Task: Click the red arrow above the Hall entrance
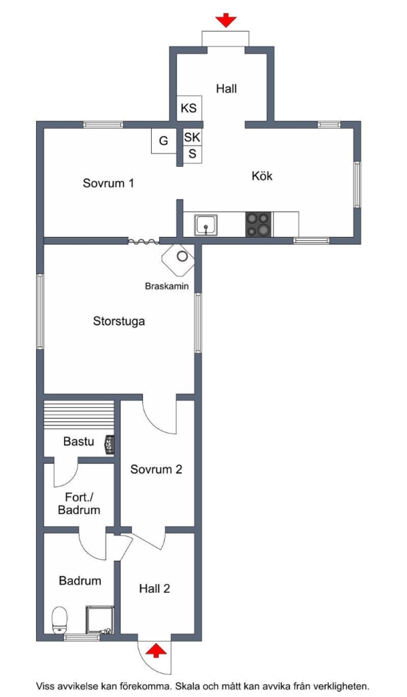226,20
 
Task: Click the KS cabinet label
189,108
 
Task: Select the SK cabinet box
192,137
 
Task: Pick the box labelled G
163,141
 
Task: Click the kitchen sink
206,225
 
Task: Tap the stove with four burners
259,224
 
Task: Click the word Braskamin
167,287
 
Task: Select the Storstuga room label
118,321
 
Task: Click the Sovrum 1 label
108,183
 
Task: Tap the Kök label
262,176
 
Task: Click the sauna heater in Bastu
110,445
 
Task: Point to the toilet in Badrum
59,620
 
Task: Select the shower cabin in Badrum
101,619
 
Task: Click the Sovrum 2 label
156,470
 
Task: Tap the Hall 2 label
154,589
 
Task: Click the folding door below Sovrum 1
144,242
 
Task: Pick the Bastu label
79,441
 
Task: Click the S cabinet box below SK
193,155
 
